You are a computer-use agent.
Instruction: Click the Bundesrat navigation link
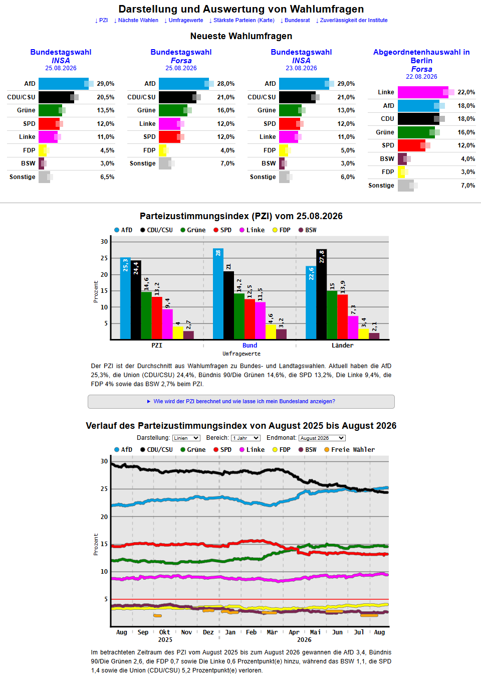coord(295,20)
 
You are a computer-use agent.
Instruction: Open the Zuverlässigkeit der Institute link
coord(352,20)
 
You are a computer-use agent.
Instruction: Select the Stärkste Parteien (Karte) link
coord(242,20)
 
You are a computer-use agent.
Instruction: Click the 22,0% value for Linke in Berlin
coord(466,92)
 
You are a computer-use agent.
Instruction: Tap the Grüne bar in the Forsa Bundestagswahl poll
coord(173,110)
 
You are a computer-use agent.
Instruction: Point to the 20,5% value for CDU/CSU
coord(106,97)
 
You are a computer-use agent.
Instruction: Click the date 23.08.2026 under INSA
coord(301,68)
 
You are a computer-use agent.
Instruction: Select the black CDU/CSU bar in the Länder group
coord(321,294)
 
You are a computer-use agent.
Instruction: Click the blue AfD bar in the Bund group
coord(218,294)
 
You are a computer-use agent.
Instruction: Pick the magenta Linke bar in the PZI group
coord(167,324)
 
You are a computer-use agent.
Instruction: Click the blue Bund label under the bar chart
coord(250,346)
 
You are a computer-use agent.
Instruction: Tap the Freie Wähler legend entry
coord(350,450)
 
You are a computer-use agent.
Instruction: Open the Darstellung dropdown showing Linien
coord(186,438)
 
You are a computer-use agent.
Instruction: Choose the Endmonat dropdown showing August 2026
coord(322,438)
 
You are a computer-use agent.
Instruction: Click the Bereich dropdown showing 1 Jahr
coord(246,438)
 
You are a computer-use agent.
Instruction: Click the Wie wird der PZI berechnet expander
coord(241,401)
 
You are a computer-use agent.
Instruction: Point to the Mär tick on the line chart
coord(272,632)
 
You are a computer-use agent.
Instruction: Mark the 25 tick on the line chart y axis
coord(104,489)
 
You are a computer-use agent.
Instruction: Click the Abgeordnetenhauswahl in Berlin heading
coord(421,56)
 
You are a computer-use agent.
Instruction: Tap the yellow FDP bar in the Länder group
coord(364,334)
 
